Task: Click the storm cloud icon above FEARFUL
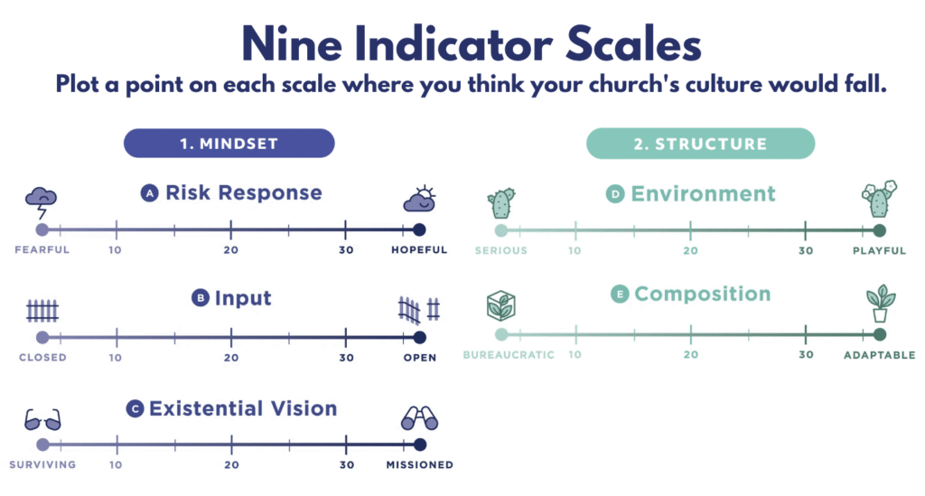click(x=41, y=202)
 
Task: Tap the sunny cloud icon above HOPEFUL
click(x=420, y=199)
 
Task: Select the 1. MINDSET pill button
click(x=229, y=144)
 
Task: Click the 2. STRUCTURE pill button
click(x=700, y=144)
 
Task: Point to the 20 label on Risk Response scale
click(x=230, y=250)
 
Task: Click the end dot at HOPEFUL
click(x=419, y=229)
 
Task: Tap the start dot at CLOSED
click(x=42, y=337)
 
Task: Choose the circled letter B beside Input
click(x=201, y=298)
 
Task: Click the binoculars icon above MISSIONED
click(x=419, y=418)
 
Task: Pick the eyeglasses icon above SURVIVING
click(x=42, y=420)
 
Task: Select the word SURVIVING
click(x=42, y=464)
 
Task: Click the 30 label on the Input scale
click(x=346, y=358)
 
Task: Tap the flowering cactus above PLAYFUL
click(x=880, y=199)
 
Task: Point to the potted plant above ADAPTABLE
click(x=880, y=304)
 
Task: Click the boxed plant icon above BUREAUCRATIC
click(x=500, y=305)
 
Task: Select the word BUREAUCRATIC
click(x=509, y=355)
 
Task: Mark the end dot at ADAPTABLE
click(x=880, y=334)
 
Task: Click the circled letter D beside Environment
click(x=615, y=193)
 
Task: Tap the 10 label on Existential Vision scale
click(x=116, y=464)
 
